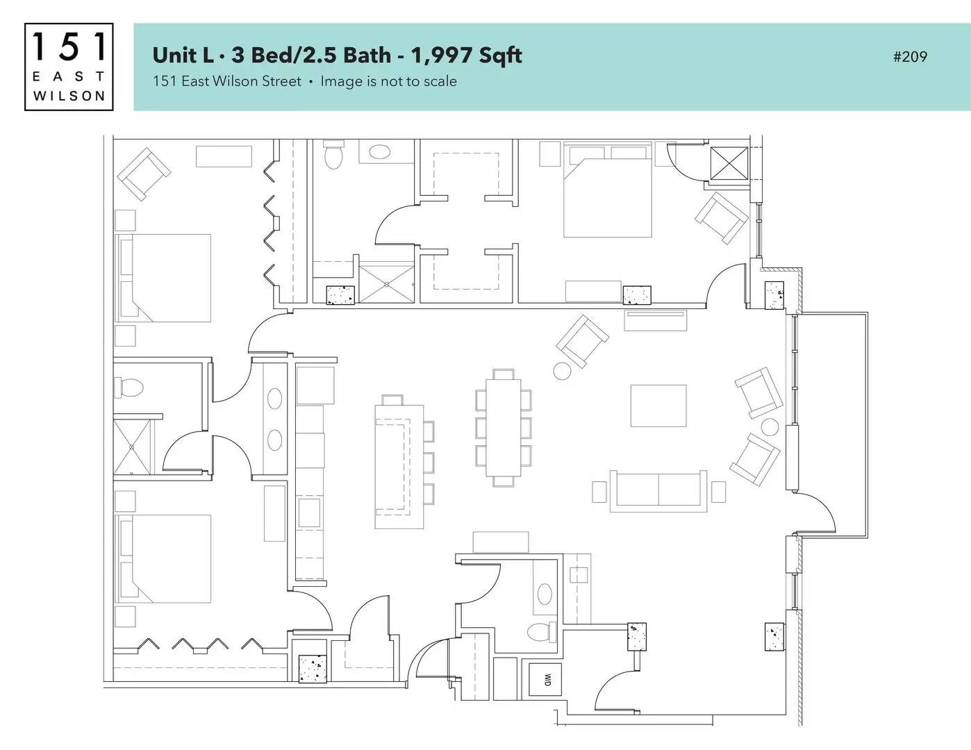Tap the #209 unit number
tap(910, 57)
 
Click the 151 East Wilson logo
tap(69, 67)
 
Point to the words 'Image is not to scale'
tap(389, 81)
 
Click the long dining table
tap(504, 428)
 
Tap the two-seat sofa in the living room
tap(658, 490)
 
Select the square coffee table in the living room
tap(658, 406)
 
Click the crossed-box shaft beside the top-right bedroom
tap(729, 164)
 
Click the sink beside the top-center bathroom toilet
tap(379, 151)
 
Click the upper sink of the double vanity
tap(274, 399)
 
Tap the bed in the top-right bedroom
tap(607, 190)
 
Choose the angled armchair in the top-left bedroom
tap(144, 174)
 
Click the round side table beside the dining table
tap(562, 371)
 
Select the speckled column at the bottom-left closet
tap(313, 668)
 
